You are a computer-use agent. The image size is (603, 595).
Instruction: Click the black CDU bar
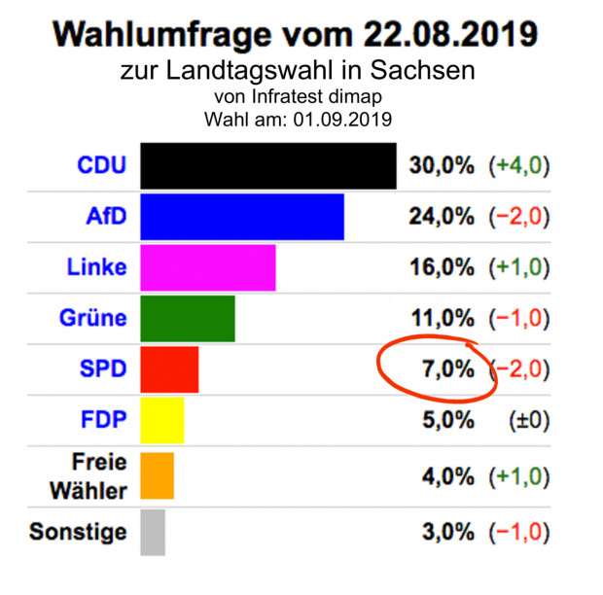pos(267,165)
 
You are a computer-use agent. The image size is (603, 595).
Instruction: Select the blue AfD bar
pos(241,217)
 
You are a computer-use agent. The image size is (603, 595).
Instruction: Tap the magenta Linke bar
pos(207,267)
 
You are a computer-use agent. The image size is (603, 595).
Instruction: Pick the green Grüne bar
pos(187,318)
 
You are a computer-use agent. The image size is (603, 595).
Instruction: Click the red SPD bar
pos(169,369)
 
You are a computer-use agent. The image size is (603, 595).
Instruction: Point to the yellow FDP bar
pos(161,421)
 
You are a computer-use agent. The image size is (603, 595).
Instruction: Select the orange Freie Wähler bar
pos(157,475)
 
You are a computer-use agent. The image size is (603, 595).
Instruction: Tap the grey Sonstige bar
pos(153,532)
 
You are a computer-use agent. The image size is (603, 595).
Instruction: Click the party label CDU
pos(101,165)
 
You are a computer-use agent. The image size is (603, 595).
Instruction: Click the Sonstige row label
pos(78,532)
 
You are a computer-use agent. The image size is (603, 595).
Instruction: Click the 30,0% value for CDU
pos(441,165)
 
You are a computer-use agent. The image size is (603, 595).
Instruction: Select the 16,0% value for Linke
pos(441,267)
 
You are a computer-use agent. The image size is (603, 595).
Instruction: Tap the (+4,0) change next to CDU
pos(518,165)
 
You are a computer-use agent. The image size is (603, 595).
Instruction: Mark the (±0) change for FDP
pos(528,421)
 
